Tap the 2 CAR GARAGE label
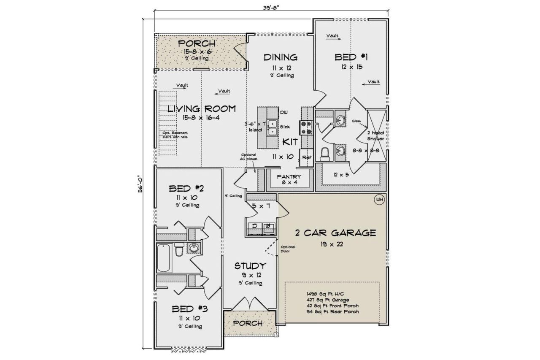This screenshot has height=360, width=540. pyautogui.click(x=329, y=233)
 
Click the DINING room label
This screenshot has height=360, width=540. pyautogui.click(x=281, y=57)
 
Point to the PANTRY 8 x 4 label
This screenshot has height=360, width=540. pyautogui.click(x=289, y=179)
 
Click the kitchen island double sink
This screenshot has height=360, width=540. pyautogui.click(x=273, y=126)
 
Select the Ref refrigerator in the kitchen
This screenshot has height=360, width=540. pyautogui.click(x=306, y=157)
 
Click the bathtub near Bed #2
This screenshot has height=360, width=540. pyautogui.click(x=164, y=258)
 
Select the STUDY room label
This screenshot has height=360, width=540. pyautogui.click(x=250, y=266)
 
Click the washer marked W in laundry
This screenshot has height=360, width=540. pyautogui.click(x=267, y=227)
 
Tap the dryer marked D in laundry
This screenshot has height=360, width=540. pyautogui.click(x=255, y=227)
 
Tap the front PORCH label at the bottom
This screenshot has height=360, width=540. pyautogui.click(x=248, y=324)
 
